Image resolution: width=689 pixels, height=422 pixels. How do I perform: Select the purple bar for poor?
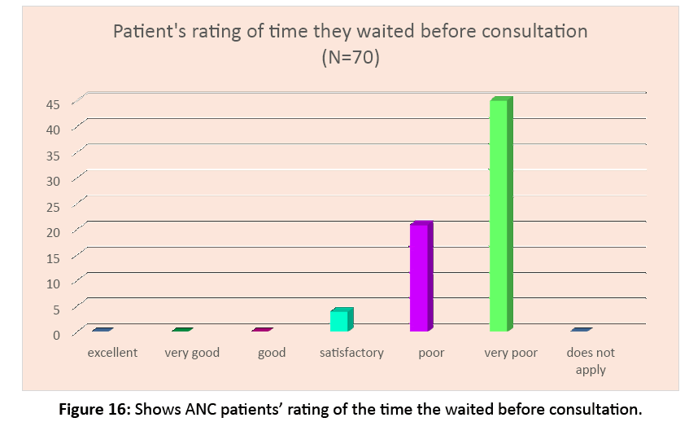pos(420,277)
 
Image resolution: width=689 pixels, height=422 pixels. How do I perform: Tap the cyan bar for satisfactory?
pos(341,320)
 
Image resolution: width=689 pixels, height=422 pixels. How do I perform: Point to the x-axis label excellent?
pos(112,353)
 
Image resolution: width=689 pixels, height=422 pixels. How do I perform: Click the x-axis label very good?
pos(192,353)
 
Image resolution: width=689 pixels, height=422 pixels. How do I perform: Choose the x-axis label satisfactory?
pos(351,353)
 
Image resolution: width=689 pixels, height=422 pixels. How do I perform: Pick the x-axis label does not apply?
pos(591,360)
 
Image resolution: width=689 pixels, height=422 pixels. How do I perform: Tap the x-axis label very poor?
pos(511,353)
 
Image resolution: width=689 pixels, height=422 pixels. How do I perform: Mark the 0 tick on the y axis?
pos(57,334)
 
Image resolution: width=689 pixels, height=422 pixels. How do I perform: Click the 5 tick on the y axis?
pos(57,309)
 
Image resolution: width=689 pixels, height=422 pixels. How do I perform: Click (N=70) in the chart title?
pos(349,59)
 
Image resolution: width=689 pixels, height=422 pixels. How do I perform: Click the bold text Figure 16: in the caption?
pos(96,407)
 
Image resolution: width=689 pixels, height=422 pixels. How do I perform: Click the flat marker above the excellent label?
pos(102,330)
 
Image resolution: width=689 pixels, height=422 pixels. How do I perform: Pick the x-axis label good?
pos(272,353)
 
